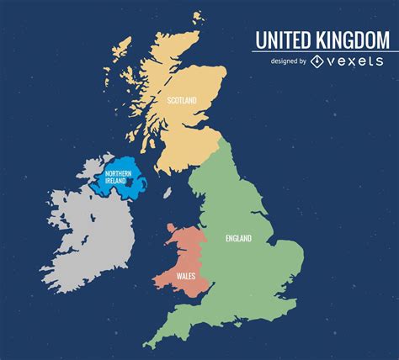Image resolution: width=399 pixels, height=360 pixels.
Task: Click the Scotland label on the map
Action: point(182,101)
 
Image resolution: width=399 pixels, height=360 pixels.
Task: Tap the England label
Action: point(238,238)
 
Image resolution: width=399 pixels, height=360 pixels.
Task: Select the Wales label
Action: point(187,276)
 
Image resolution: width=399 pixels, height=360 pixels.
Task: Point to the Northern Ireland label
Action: point(118,178)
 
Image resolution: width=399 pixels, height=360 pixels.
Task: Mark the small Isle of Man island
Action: point(167,193)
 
